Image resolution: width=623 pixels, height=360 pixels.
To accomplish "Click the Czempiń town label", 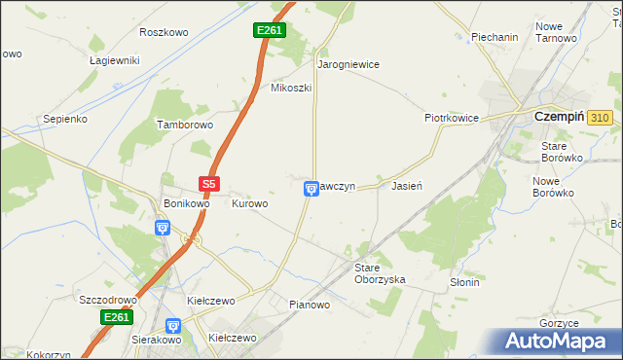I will pyautogui.click(x=561, y=117).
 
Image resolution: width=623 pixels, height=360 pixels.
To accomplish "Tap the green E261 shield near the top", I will pyautogui.click(x=270, y=31).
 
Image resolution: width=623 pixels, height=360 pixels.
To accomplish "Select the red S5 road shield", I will pyautogui.click(x=209, y=183).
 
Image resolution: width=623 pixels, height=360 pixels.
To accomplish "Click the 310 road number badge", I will pyautogui.click(x=601, y=118).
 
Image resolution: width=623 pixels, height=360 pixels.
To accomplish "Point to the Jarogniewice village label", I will pyautogui.click(x=348, y=64).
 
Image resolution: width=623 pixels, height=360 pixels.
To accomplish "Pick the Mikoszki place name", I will pyautogui.click(x=290, y=88).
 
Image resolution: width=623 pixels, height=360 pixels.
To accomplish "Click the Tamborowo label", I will pyautogui.click(x=185, y=126).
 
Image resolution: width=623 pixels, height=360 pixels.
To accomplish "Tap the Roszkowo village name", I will pyautogui.click(x=164, y=32).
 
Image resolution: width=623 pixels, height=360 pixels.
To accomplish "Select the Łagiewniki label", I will pyautogui.click(x=115, y=60).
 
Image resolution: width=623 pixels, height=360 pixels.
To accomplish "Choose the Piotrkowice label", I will pyautogui.click(x=451, y=118).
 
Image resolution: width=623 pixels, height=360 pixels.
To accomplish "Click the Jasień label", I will pyautogui.click(x=406, y=185).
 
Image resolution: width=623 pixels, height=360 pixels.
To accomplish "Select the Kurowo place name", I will pyautogui.click(x=249, y=203).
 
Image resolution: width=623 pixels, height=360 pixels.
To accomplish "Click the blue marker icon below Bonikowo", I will pyautogui.click(x=163, y=228).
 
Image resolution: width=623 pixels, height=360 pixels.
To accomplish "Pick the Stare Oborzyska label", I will pyautogui.click(x=379, y=272).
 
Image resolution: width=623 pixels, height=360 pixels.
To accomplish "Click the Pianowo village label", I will pyautogui.click(x=310, y=305).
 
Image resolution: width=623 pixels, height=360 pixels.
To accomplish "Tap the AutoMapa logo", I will pyautogui.click(x=556, y=342).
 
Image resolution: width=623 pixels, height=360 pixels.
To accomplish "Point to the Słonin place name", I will pyautogui.click(x=464, y=282).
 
